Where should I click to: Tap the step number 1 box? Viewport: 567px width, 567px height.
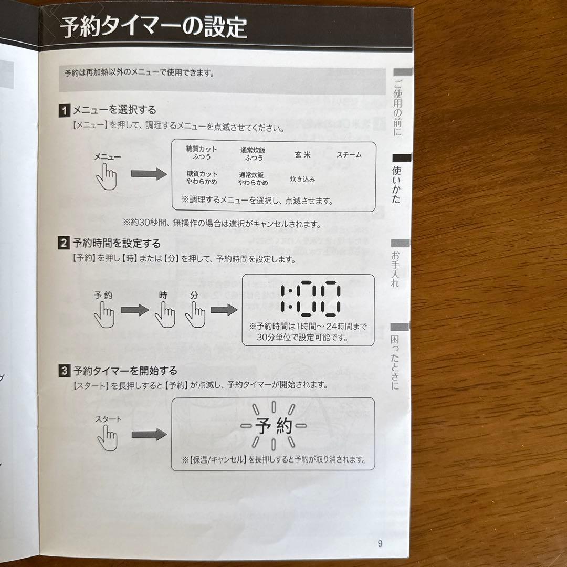pos(64,111)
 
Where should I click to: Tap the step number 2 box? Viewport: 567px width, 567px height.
pos(64,244)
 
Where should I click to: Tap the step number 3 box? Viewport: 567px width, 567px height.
pos(64,371)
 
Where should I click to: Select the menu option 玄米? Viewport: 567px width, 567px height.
pos(302,155)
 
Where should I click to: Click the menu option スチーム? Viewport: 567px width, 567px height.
pos(349,155)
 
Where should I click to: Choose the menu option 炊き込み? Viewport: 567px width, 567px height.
pos(302,179)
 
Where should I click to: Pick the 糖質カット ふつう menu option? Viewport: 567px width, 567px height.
pos(202,153)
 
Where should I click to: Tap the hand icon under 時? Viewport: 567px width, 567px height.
pos(165,314)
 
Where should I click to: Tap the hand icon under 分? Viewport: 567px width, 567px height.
pos(195,314)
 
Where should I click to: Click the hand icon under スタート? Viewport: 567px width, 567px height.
pos(108,438)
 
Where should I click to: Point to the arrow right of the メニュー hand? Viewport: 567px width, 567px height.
pos(148,175)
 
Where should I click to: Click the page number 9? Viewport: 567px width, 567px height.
pos(380,543)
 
